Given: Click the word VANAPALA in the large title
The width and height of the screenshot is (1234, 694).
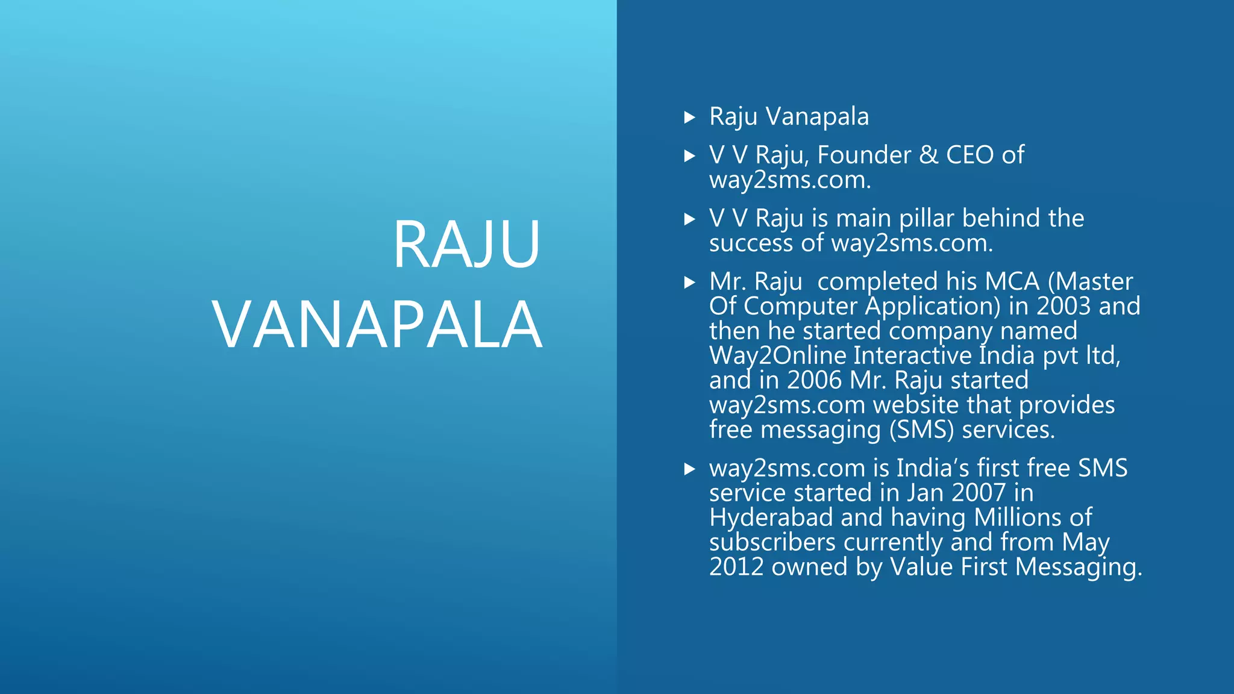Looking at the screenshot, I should pos(377,326).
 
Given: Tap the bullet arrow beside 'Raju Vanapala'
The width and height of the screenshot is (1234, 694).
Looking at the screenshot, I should pos(690,117).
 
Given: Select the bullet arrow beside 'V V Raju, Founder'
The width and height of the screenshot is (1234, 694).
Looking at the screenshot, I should pos(690,156).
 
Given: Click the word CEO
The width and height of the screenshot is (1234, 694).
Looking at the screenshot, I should pos(969,155).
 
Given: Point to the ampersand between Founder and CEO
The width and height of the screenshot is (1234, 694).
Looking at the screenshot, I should pos(929,155).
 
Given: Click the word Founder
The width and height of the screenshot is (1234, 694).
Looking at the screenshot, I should pos(863,155).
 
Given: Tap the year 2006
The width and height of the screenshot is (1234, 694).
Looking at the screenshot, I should pos(814,381).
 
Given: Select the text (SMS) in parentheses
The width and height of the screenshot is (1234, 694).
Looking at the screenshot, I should pos(922,430).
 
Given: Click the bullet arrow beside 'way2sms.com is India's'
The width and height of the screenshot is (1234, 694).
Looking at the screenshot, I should pos(690,469).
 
